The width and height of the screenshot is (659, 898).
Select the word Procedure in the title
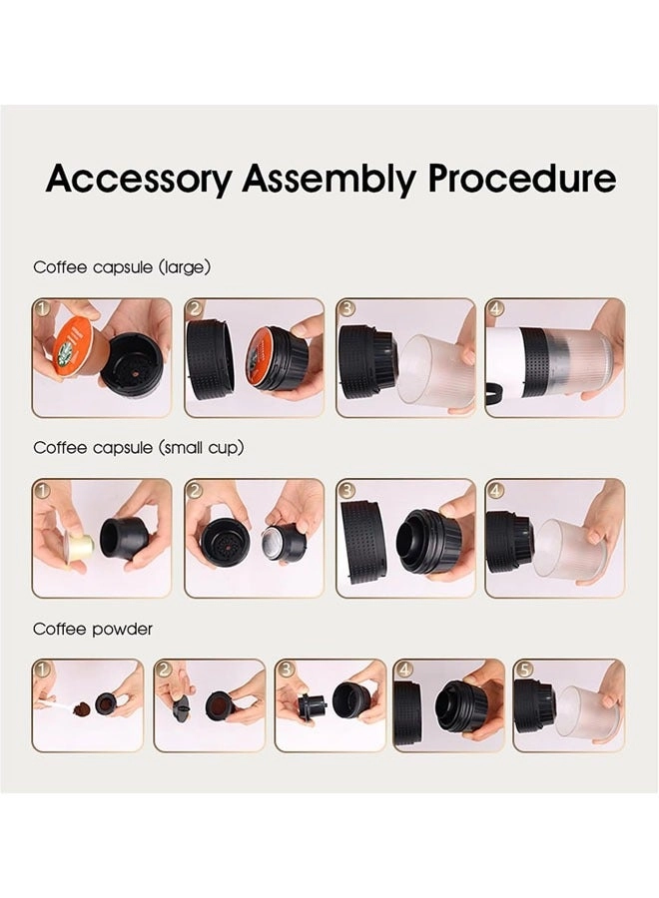tap(522, 181)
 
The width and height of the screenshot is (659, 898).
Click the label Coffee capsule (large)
tap(122, 267)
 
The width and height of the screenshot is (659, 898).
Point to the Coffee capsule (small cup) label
tap(139, 448)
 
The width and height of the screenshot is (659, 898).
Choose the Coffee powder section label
tap(93, 630)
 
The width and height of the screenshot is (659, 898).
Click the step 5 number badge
tap(523, 670)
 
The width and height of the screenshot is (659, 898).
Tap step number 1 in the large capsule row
tap(42, 308)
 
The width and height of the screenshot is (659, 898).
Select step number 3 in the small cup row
tap(346, 490)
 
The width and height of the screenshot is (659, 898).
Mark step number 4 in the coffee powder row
tap(403, 670)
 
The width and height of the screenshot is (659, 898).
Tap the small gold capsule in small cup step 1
tap(79, 546)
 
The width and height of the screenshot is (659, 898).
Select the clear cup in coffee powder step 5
tap(587, 711)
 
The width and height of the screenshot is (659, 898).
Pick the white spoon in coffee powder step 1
tap(58, 705)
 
